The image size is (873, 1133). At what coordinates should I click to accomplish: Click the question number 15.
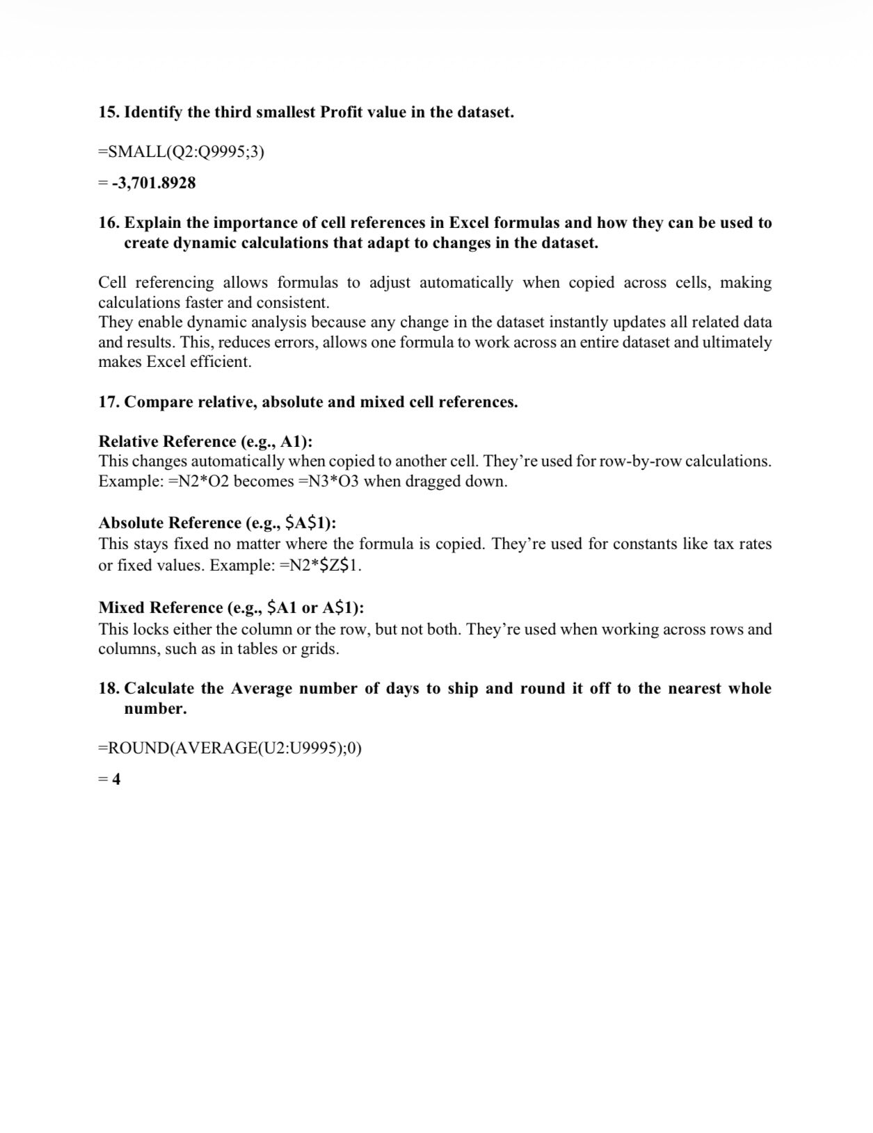109,113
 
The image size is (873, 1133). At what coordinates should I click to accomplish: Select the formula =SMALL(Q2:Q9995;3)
182,152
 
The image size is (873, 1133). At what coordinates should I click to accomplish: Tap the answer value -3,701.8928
154,184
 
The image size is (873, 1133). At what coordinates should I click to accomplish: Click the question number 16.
109,223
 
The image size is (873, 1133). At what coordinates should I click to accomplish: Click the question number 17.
109,402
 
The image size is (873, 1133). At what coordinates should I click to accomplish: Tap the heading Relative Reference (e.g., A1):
205,442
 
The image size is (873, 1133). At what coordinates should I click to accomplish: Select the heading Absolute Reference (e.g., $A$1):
217,523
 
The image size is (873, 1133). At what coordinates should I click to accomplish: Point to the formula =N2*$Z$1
320,565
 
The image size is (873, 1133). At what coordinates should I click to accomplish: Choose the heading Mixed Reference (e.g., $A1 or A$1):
232,608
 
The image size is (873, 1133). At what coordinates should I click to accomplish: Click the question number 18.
109,689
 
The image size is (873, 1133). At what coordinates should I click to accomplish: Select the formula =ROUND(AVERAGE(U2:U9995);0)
230,748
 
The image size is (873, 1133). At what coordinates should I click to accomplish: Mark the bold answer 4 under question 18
115,779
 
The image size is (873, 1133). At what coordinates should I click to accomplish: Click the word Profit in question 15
342,113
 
